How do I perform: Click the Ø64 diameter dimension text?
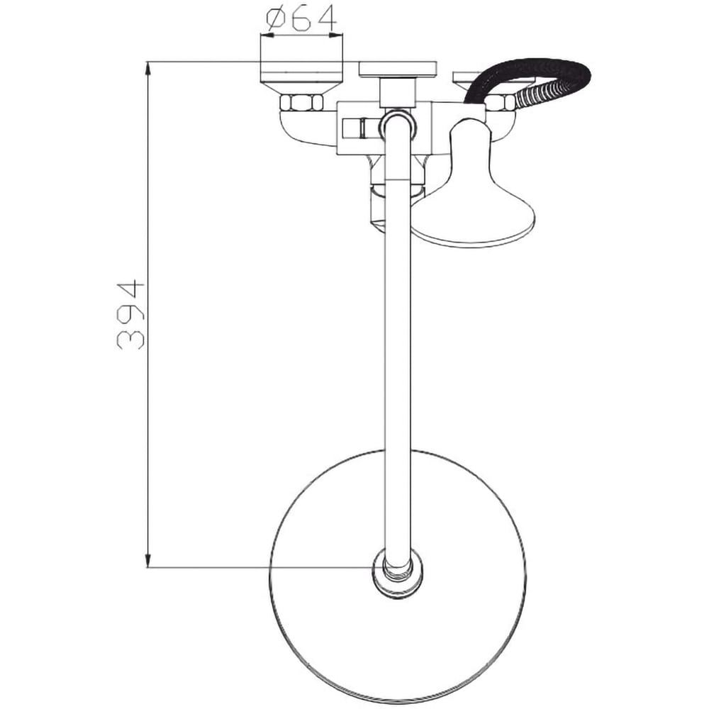coord(302,21)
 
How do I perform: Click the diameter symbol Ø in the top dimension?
coord(277,21)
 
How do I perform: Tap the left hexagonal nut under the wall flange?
coord(301,103)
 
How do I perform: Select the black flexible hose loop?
coord(539,71)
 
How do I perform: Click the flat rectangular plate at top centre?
coord(397,69)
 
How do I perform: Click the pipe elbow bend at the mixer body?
coord(397,125)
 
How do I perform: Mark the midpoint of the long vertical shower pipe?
coord(397,340)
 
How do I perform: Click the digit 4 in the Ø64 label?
coord(326,21)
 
